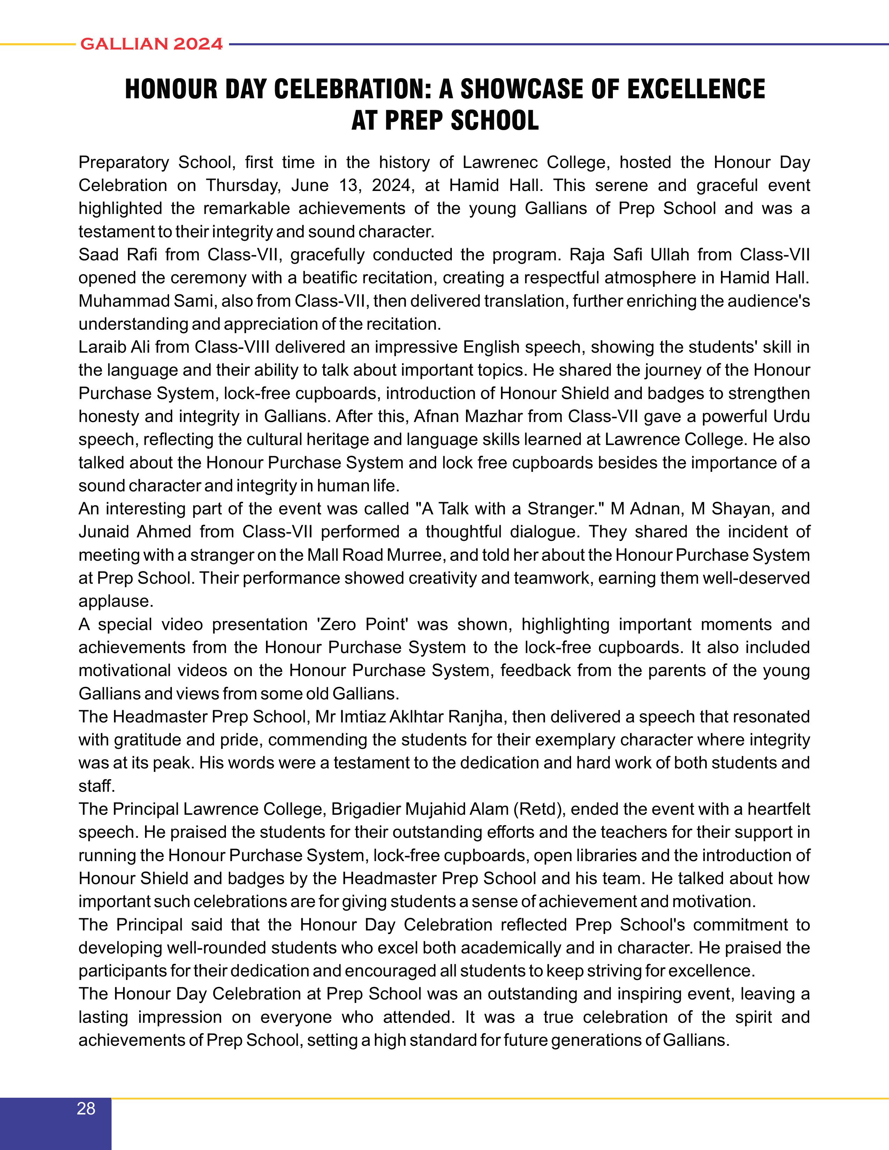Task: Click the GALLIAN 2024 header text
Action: pos(152,44)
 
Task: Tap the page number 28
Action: pos(86,1109)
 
